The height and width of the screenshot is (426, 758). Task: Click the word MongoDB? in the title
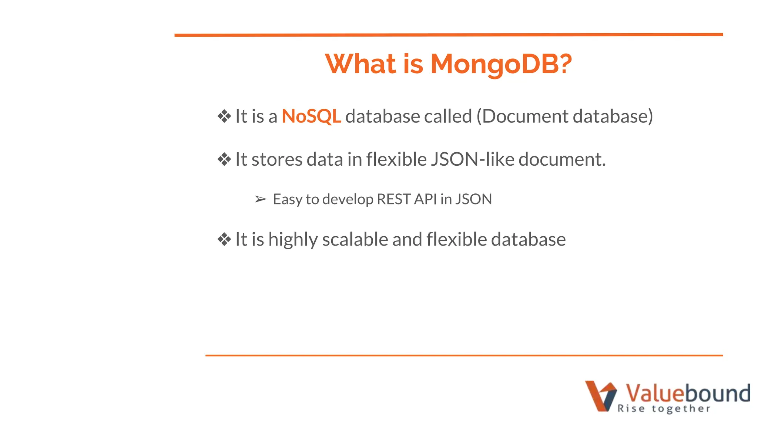tap(501, 64)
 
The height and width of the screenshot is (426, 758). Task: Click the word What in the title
tap(360, 64)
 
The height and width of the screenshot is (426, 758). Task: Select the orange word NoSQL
tap(311, 116)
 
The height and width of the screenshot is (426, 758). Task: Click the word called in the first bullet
tap(448, 116)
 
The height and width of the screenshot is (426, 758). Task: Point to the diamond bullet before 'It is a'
tap(224, 116)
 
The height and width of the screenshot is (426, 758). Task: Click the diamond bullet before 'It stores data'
tap(224, 160)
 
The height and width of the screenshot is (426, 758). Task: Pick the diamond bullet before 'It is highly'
tap(224, 240)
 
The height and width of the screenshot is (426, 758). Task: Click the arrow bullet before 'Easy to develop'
tap(261, 199)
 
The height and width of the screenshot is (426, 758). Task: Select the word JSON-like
tap(472, 160)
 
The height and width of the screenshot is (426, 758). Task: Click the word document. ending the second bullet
tap(562, 160)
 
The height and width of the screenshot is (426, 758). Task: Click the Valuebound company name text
tap(688, 393)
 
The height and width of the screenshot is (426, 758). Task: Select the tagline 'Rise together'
tap(664, 409)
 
